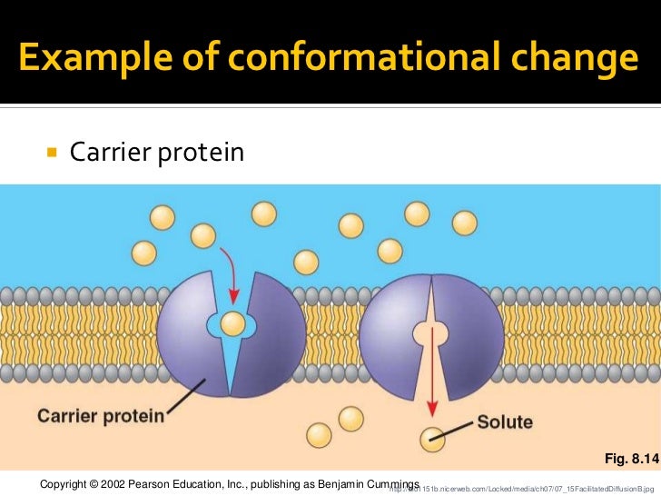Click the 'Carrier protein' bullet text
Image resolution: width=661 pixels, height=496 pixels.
[157, 152]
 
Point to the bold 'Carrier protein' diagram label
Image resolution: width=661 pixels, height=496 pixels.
[101, 416]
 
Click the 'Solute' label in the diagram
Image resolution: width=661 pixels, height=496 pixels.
[505, 422]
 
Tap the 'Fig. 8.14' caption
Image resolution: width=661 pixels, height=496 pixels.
[625, 460]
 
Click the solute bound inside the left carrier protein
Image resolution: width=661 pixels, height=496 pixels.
[233, 322]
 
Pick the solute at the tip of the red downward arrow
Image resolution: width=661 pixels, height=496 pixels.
[432, 438]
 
